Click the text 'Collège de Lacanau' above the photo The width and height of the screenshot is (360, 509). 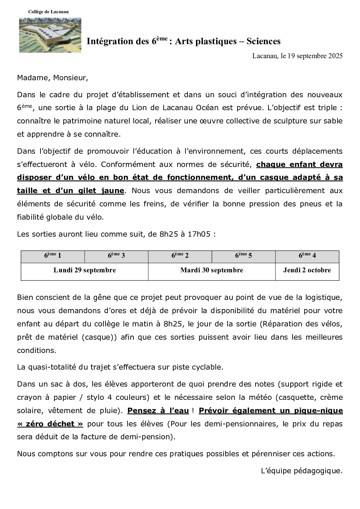tap(48, 12)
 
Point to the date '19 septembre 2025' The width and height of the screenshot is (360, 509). tap(315, 56)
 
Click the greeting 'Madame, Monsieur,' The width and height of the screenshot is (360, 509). tap(52, 78)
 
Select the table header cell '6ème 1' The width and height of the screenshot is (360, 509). tap(52, 256)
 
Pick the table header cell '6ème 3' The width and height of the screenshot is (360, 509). tap(116, 256)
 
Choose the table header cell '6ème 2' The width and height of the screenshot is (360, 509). tap(180, 256)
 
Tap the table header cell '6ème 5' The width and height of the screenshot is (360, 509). tap(243, 256)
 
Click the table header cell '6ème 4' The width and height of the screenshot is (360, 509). tap(307, 256)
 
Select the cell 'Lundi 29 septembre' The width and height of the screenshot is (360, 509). tap(84, 270)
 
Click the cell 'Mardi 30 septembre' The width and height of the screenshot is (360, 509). tap(212, 270)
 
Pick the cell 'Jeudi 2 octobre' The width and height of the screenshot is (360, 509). tap(307, 270)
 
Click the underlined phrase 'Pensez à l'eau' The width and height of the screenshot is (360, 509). tap(158, 411)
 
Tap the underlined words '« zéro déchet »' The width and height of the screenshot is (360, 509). tap(50, 424)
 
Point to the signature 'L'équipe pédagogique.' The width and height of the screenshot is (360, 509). tap(301, 471)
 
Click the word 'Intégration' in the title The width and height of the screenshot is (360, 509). tap(109, 41)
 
